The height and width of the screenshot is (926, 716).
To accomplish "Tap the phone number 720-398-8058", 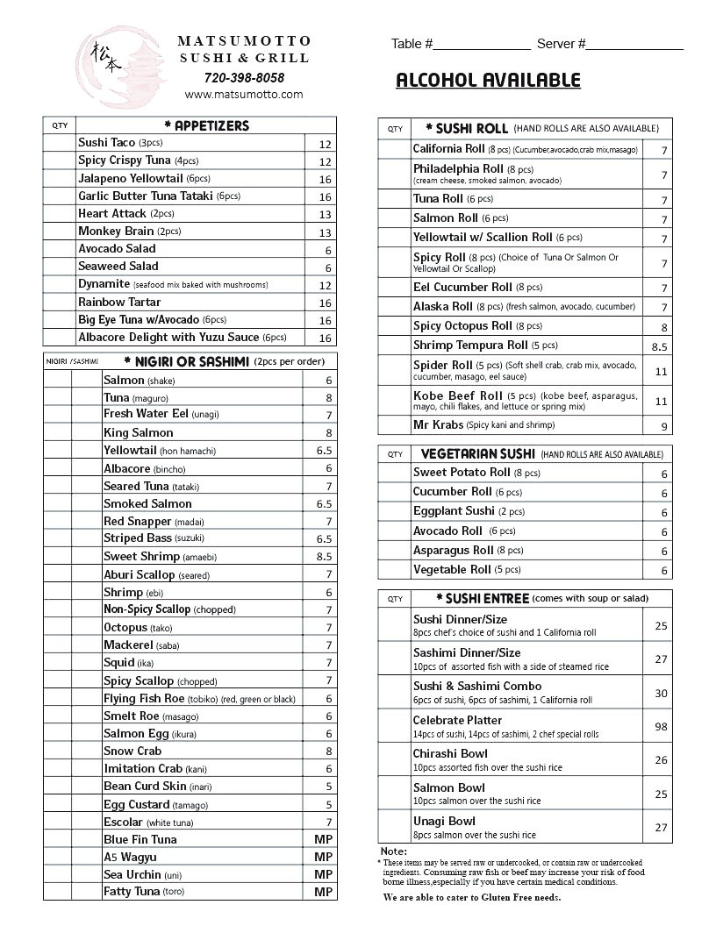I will point(244,77).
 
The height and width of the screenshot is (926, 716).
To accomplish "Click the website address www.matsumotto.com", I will point(244,94).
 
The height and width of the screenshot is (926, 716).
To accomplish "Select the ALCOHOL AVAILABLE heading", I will point(488,81).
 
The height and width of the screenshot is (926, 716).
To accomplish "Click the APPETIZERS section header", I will point(207,125).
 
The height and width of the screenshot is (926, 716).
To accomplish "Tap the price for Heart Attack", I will point(325,215).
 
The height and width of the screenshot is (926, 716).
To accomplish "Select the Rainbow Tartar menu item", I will point(118,302).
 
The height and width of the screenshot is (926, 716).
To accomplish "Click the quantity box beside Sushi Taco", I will point(60,143).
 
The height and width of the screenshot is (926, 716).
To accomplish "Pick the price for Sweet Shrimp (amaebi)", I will point(324,557).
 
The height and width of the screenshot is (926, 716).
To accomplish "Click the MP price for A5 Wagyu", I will point(323,857).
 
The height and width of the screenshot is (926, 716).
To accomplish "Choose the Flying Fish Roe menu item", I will point(144,698).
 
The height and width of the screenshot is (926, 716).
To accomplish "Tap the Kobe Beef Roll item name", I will point(458,395).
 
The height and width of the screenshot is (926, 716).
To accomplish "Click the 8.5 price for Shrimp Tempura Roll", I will point(660,346).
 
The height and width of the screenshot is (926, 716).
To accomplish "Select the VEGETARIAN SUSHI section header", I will point(477,454).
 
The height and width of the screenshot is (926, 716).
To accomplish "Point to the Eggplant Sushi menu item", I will point(454,510).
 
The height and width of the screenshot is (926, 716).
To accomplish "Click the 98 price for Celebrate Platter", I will point(661,727).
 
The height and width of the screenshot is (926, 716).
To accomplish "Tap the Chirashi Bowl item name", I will point(450,753).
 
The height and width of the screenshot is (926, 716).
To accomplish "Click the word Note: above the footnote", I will point(393,851).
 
